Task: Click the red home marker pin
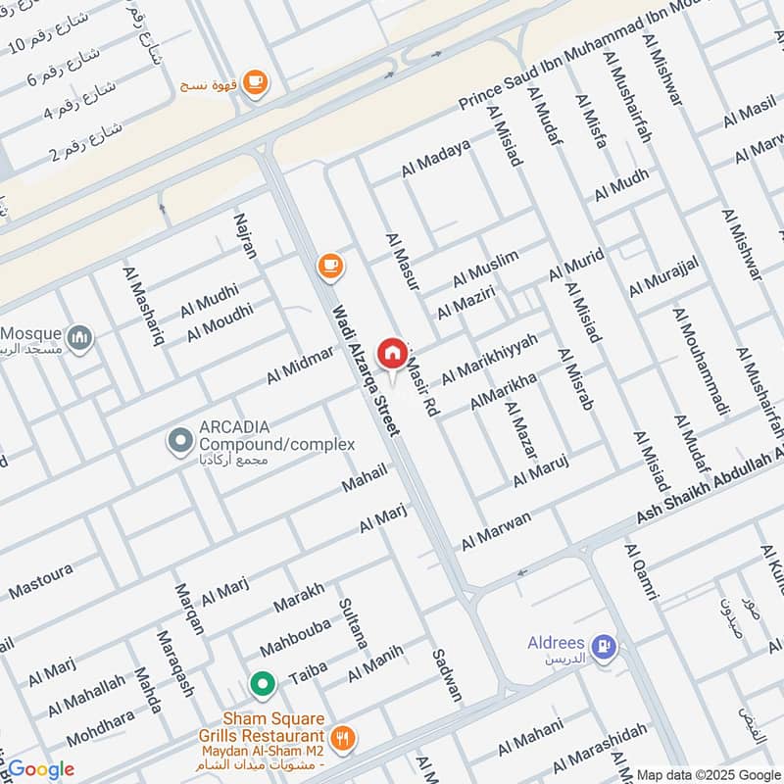point(392,352)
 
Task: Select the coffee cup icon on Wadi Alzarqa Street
point(330,265)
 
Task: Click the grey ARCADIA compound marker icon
point(179,441)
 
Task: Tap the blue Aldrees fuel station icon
point(608,645)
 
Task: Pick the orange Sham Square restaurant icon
point(342,739)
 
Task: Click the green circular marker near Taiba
point(262,683)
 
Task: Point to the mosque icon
point(81,338)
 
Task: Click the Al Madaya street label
point(436,158)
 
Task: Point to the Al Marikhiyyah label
point(490,359)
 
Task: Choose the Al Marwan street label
point(496,529)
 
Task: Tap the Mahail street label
point(365,478)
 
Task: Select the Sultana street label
point(353,623)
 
